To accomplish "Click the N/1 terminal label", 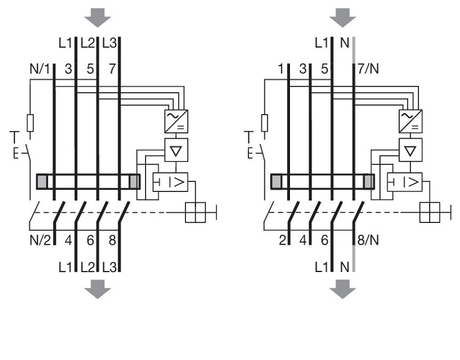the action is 40,69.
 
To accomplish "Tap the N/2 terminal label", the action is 40,241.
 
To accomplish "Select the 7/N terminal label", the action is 368,69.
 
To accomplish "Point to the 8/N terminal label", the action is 368,240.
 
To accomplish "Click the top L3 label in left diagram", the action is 109,43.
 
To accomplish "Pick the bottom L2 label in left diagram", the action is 88,267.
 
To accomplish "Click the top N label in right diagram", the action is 345,43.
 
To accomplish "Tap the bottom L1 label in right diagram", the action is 321,267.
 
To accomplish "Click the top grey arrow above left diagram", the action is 98,18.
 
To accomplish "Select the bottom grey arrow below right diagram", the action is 343,289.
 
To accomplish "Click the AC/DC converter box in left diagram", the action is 176,121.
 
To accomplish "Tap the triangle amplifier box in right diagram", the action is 410,150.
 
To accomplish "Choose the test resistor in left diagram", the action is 30,123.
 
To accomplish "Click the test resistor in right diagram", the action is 264,123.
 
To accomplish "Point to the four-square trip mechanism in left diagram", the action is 196,212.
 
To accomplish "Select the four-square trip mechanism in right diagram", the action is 430,212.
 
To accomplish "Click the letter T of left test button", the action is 14,138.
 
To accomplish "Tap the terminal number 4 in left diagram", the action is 68,241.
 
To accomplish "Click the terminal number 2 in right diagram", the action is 282,240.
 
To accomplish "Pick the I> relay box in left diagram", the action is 171,182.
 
